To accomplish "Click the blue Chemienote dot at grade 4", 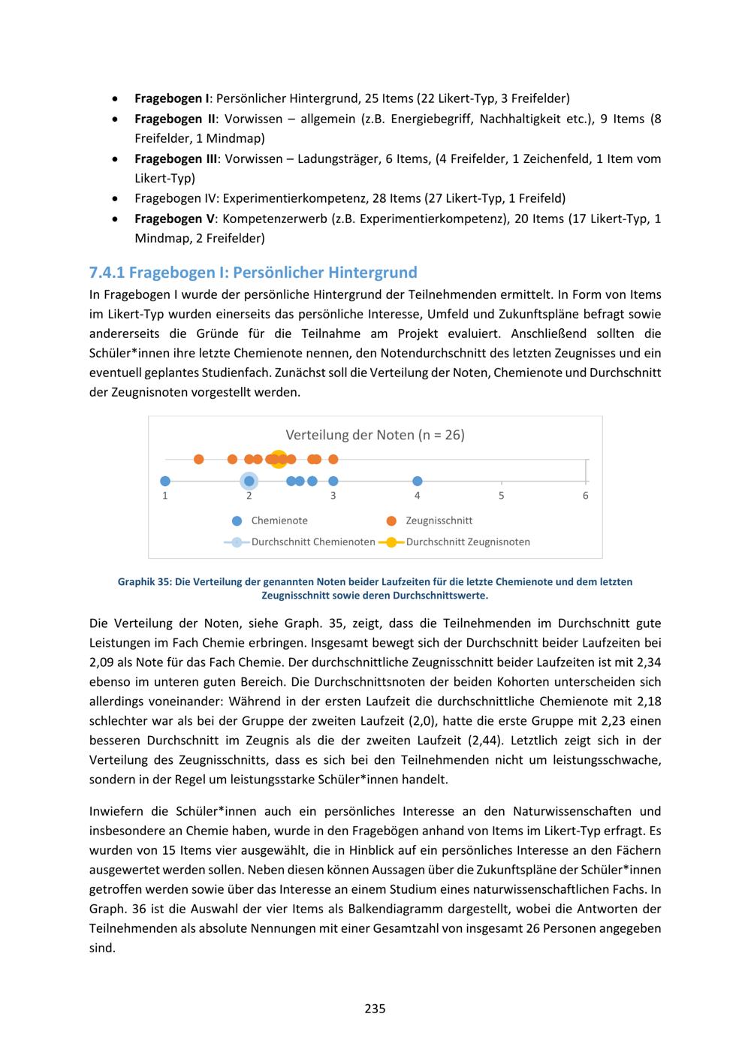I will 418,481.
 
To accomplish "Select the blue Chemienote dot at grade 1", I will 165,481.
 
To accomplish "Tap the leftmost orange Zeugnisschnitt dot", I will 199,459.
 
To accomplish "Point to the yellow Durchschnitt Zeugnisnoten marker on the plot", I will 278,459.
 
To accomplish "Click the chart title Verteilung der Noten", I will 375,435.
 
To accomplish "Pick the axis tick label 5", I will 502,496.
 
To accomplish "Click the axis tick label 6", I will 586,496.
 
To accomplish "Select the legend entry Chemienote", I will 279,520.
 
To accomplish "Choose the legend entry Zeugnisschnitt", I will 439,520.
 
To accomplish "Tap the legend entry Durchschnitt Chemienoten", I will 312,542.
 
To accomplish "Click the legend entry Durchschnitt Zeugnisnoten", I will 467,542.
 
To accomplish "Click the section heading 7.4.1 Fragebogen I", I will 253,272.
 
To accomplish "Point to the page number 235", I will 375,1009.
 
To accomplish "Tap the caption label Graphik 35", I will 143,581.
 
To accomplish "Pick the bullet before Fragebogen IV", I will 113,199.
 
